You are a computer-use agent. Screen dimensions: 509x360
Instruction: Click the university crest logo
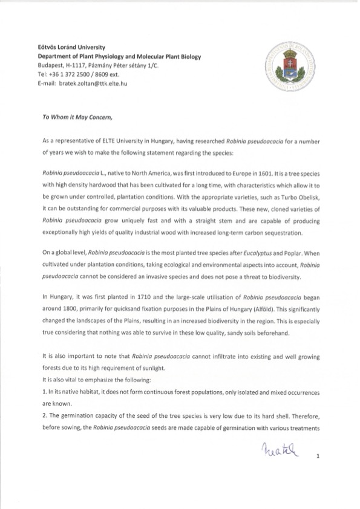pos(290,67)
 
